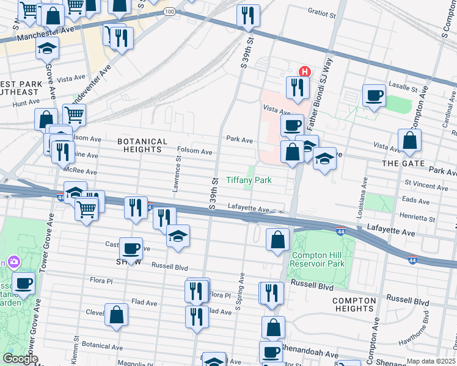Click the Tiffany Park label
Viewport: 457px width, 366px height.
tap(249, 180)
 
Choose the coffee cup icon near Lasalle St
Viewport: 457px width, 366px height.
tap(374, 95)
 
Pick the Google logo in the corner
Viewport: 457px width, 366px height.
tap(20, 359)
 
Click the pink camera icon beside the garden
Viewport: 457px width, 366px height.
tap(13, 262)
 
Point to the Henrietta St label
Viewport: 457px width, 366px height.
tap(418, 218)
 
